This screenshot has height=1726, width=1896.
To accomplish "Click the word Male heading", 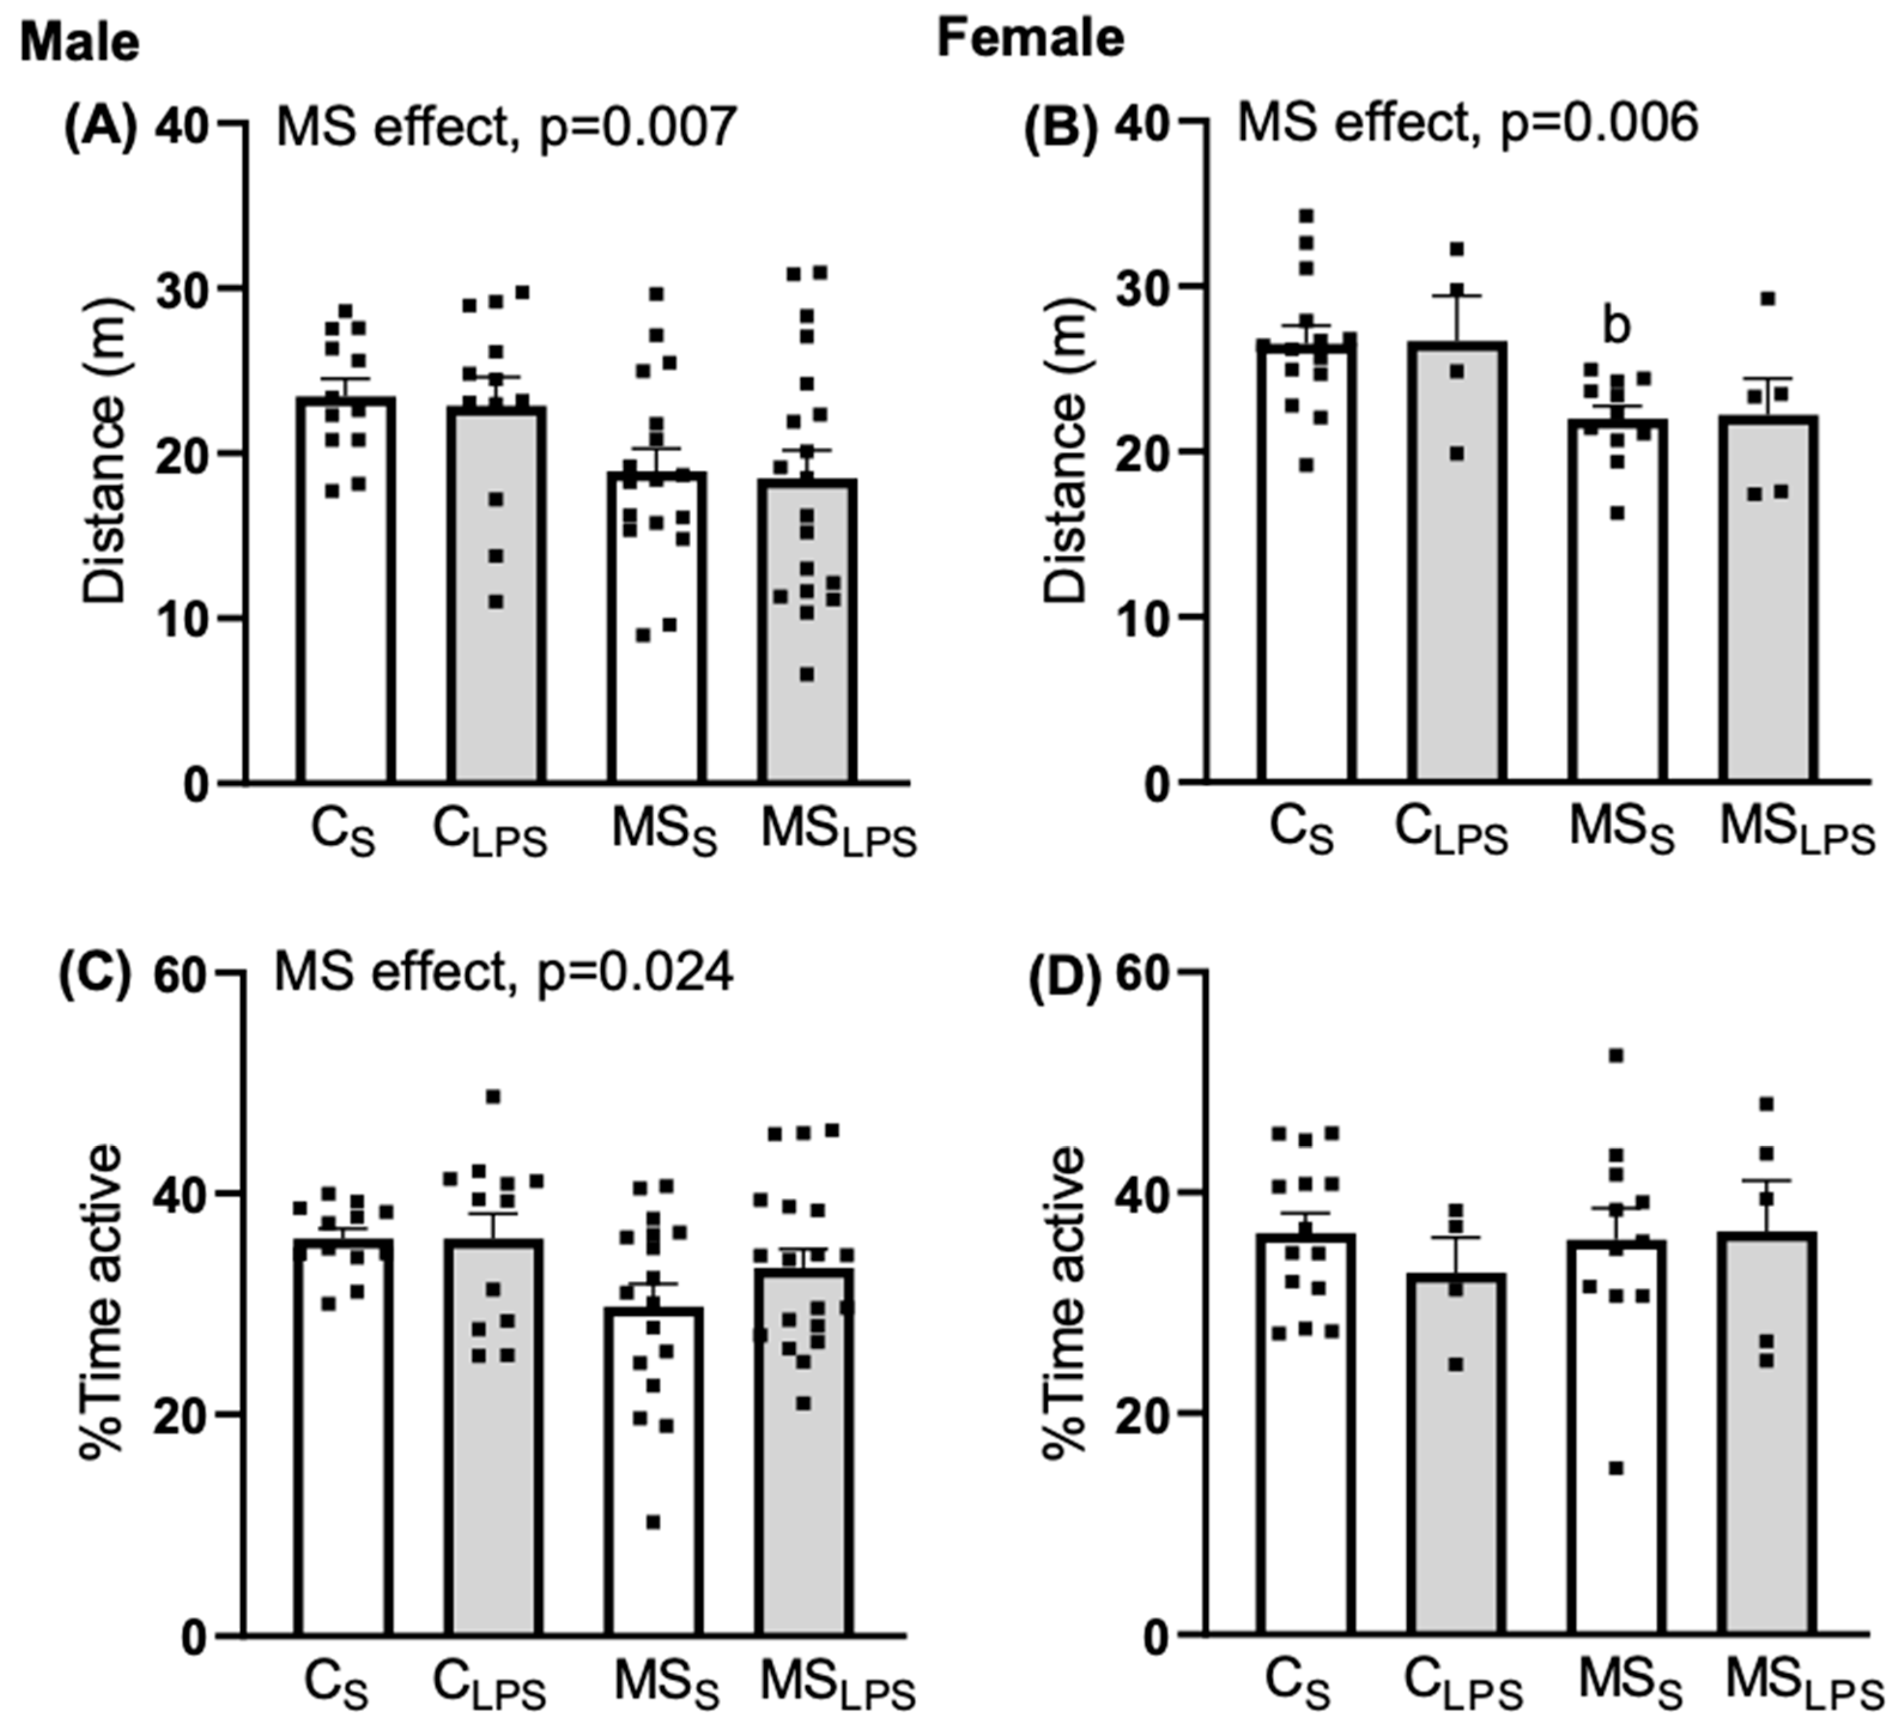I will coord(80,43).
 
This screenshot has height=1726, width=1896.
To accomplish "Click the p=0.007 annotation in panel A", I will coord(638,127).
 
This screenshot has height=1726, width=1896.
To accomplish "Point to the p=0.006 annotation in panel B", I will coord(1599,123).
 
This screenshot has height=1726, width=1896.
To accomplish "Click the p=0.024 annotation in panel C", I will coord(635,971).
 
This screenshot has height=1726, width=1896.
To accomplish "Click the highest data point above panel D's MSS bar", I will coord(1616,1055).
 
